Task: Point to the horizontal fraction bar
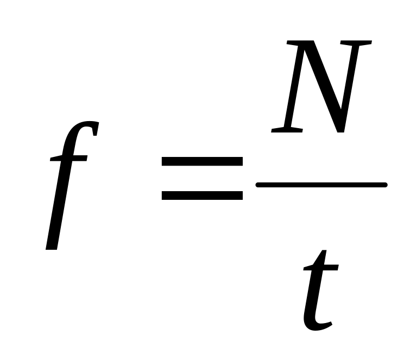pos(321,185)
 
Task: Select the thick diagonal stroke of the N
pos(324,87)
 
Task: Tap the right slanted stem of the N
pos(353,81)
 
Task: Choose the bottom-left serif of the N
pos(286,130)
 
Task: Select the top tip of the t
pos(324,252)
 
